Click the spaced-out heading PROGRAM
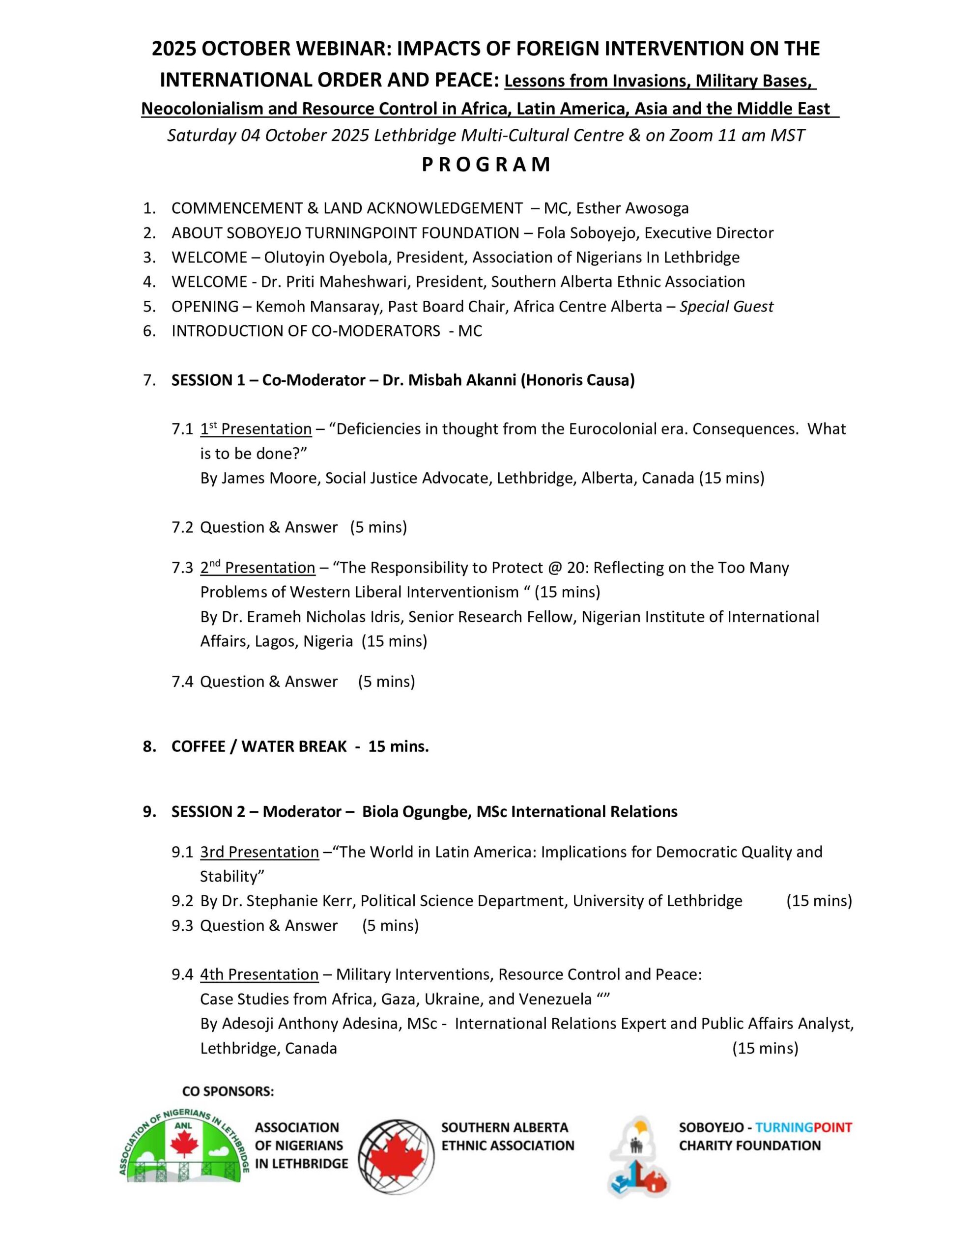click(x=486, y=165)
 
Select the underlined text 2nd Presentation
click(x=257, y=568)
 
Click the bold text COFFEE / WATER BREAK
click(x=258, y=746)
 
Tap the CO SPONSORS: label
click(x=228, y=1091)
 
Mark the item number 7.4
click(x=182, y=682)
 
